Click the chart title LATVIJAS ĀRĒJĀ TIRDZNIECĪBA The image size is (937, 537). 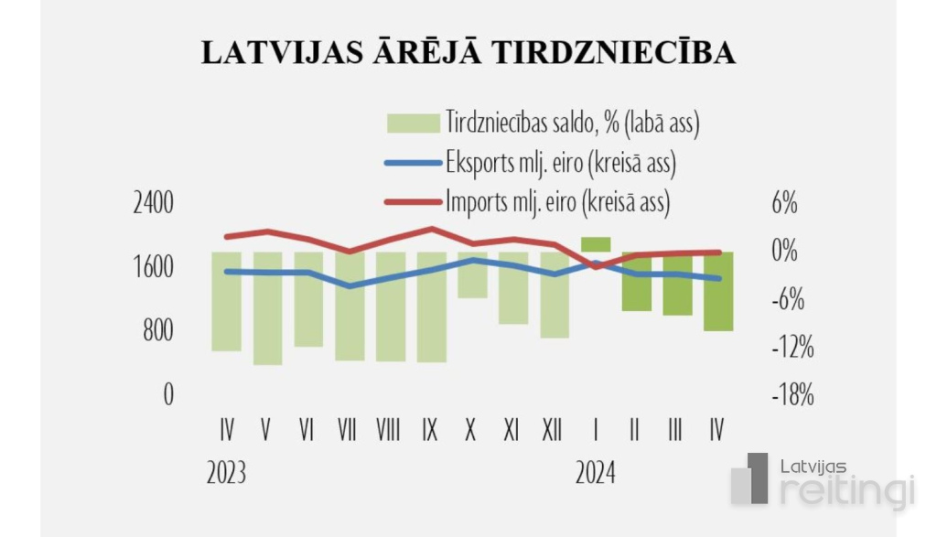click(x=468, y=52)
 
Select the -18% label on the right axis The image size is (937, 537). click(x=792, y=395)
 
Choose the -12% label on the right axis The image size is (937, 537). click(x=792, y=347)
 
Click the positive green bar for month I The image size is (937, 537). click(x=596, y=244)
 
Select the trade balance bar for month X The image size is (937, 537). click(x=472, y=274)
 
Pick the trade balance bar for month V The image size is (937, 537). click(x=267, y=308)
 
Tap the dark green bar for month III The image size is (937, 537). click(x=677, y=284)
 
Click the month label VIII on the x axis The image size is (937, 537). click(x=388, y=428)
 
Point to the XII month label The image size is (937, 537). click(x=552, y=428)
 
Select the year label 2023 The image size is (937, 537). click(x=226, y=473)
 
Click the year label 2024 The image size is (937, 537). click(x=596, y=473)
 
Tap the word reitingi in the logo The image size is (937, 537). click(x=847, y=489)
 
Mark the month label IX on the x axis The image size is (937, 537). click(x=430, y=428)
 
